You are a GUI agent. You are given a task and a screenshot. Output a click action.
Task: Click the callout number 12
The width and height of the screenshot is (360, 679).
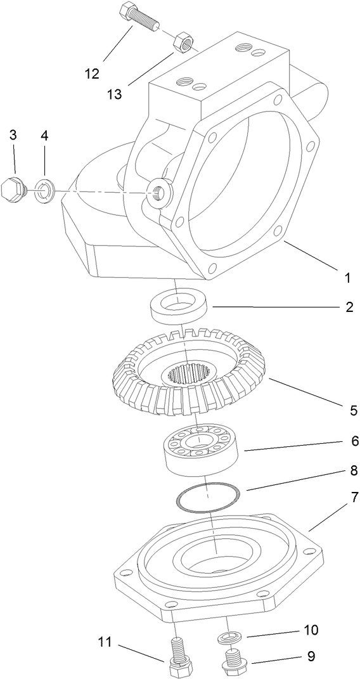click(x=92, y=74)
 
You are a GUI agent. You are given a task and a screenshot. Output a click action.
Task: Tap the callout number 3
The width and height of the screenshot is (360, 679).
click(x=13, y=135)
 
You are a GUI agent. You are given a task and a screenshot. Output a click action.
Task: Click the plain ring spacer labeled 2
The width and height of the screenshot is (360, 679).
click(x=179, y=305)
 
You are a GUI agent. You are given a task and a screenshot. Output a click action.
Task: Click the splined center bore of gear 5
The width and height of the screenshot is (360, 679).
click(x=188, y=373)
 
